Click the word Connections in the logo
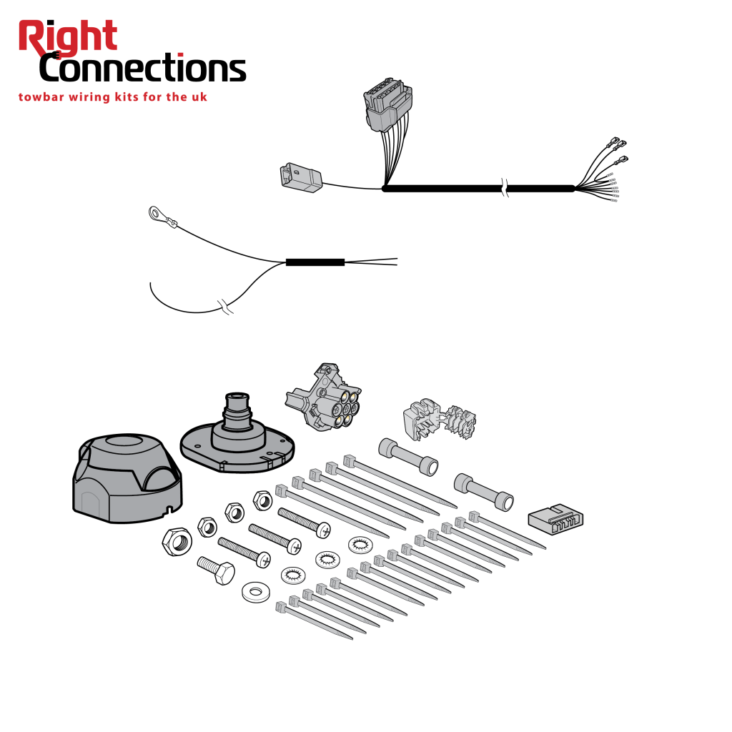coord(142,68)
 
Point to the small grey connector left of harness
coord(301,177)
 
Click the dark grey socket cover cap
coord(127,478)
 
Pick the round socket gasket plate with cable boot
coord(237,437)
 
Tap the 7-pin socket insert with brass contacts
coord(324,396)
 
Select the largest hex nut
coord(177,542)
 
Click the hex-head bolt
coord(216,570)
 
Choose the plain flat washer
coord(256,592)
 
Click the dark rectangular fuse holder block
coord(555,520)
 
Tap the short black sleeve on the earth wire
coord(315,262)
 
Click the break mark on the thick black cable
coord(504,188)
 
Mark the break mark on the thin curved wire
coord(225,307)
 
